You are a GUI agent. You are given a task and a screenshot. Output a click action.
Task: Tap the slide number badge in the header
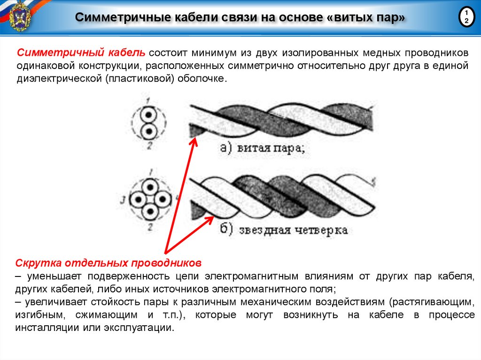tap(466, 17)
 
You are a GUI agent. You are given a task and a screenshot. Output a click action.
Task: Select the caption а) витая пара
tap(263, 149)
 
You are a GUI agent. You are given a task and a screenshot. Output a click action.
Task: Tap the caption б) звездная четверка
tap(284, 230)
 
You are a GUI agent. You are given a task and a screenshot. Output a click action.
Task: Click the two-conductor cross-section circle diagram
tap(148, 123)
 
